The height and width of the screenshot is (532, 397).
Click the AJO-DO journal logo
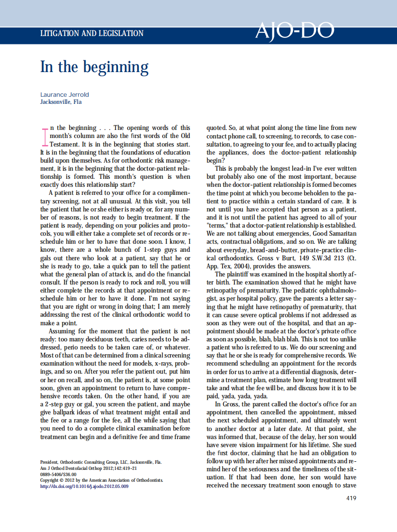(x=295, y=32)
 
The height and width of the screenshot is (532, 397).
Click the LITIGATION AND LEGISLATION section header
(x=92, y=34)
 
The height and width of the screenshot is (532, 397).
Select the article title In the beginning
(x=94, y=67)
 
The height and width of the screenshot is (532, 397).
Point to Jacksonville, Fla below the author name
(x=61, y=101)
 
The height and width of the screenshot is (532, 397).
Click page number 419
(x=351, y=498)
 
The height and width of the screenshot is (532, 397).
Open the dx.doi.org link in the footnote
(x=84, y=486)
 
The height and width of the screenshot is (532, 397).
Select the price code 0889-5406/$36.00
(x=58, y=474)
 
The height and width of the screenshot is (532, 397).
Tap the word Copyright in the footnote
(x=51, y=480)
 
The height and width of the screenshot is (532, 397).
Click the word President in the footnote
(x=49, y=461)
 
